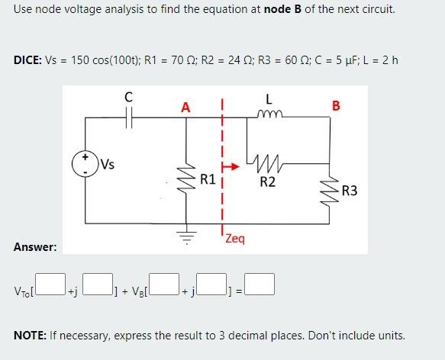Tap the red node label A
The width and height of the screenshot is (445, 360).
(x=185, y=108)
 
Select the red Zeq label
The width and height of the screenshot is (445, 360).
(x=235, y=239)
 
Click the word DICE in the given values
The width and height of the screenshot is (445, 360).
(x=27, y=60)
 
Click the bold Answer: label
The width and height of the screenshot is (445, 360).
(x=35, y=246)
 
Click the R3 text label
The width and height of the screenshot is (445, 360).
(x=350, y=191)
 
